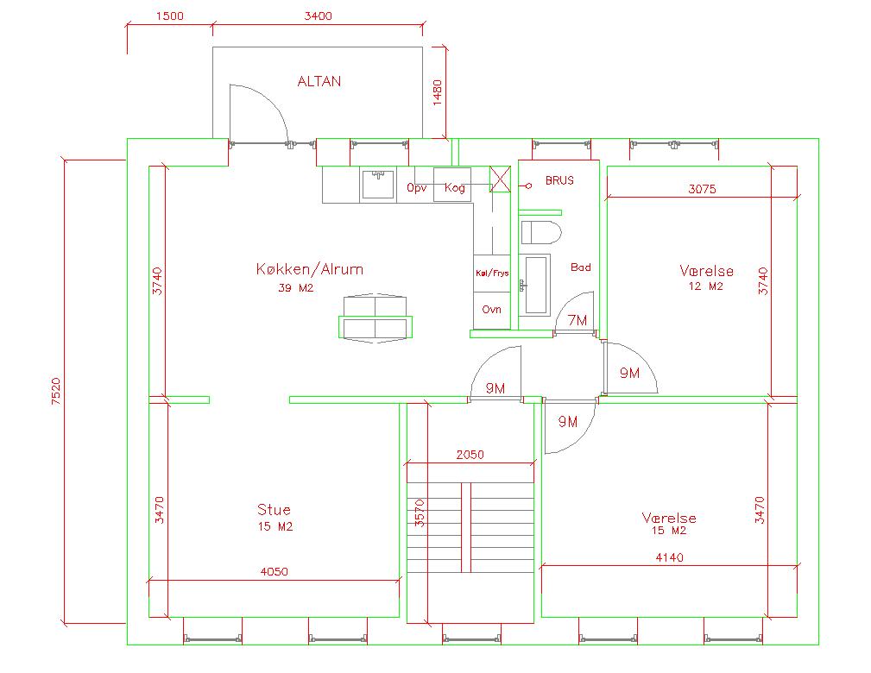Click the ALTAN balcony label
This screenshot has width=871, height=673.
click(319, 82)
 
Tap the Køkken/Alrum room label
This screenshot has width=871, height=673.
click(309, 269)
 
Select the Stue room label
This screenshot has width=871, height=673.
click(274, 509)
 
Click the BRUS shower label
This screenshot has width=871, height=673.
click(559, 180)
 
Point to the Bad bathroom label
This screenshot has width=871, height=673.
click(580, 267)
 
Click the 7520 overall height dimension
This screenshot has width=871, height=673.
click(56, 391)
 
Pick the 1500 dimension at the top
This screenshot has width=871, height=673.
click(169, 16)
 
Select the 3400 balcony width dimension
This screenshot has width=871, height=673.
click(318, 16)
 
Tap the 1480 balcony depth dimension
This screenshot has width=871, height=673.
click(437, 92)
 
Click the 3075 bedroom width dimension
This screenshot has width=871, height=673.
click(702, 189)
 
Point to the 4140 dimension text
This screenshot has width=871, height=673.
click(669, 557)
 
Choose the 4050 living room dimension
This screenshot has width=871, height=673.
click(274, 571)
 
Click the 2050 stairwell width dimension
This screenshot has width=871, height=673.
click(470, 455)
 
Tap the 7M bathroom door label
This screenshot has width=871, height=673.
click(578, 320)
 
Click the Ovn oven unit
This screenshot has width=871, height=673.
click(491, 311)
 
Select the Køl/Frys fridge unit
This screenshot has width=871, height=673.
click(491, 274)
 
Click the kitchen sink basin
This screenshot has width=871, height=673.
click(378, 184)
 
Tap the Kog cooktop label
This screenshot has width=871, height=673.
click(454, 188)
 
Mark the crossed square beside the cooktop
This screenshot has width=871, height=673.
click(500, 179)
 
